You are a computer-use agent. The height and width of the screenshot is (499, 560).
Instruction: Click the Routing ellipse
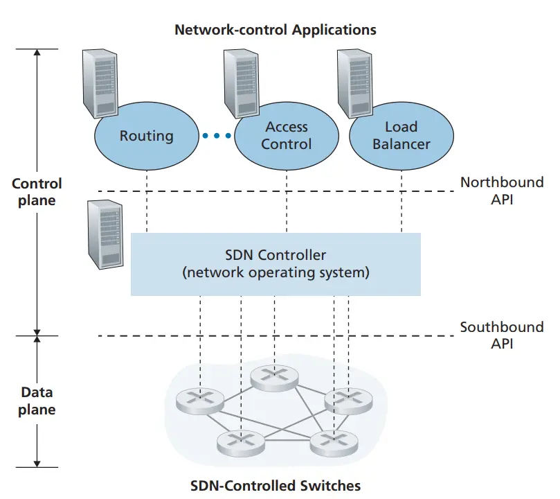click(x=147, y=137)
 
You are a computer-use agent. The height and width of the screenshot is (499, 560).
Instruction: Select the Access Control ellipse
click(x=287, y=137)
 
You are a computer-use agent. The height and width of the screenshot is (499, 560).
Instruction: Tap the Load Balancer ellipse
click(x=401, y=137)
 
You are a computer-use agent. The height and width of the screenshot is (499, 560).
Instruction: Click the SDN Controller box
click(x=276, y=264)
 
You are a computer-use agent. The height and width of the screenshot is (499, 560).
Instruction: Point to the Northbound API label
click(x=502, y=191)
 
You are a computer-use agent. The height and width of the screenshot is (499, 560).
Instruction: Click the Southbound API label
click(x=502, y=335)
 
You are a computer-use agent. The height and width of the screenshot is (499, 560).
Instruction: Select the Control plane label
click(x=37, y=192)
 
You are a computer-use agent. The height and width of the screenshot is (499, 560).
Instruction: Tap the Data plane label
click(x=37, y=401)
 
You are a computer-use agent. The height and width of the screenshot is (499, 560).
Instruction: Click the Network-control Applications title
click(x=276, y=30)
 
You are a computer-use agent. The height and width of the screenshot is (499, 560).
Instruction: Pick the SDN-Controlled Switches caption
click(x=276, y=486)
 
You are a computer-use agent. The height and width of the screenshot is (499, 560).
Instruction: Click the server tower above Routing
click(x=100, y=83)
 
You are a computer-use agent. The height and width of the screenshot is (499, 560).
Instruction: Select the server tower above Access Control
click(x=241, y=83)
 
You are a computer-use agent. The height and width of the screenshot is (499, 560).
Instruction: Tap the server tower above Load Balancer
click(x=354, y=83)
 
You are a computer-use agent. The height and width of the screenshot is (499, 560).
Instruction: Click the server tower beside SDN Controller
click(x=105, y=234)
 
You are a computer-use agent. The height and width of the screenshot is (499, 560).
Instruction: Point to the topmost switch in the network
click(x=274, y=378)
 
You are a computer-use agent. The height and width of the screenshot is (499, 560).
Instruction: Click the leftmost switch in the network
click(x=200, y=401)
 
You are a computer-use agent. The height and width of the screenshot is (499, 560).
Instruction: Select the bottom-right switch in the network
click(x=334, y=444)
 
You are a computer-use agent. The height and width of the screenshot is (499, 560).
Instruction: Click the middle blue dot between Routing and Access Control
click(x=217, y=136)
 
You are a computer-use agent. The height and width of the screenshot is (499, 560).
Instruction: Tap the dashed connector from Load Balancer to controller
click(x=401, y=202)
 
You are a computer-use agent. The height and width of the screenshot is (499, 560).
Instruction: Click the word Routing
click(x=147, y=137)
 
